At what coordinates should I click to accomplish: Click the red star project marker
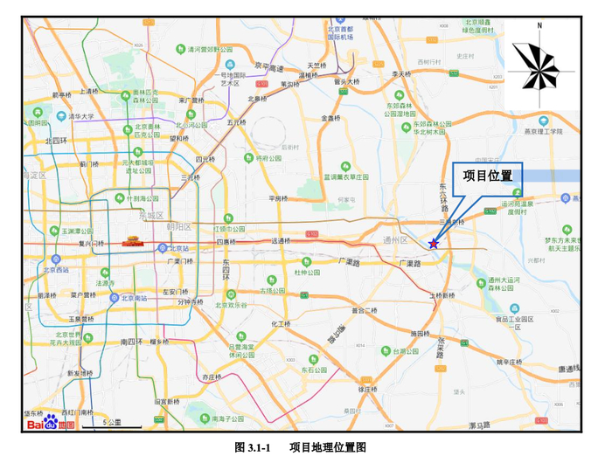click(x=434, y=243)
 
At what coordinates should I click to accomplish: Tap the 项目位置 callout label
click(x=486, y=176)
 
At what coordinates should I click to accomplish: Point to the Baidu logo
click(x=50, y=423)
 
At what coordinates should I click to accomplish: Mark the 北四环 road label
click(x=57, y=139)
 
